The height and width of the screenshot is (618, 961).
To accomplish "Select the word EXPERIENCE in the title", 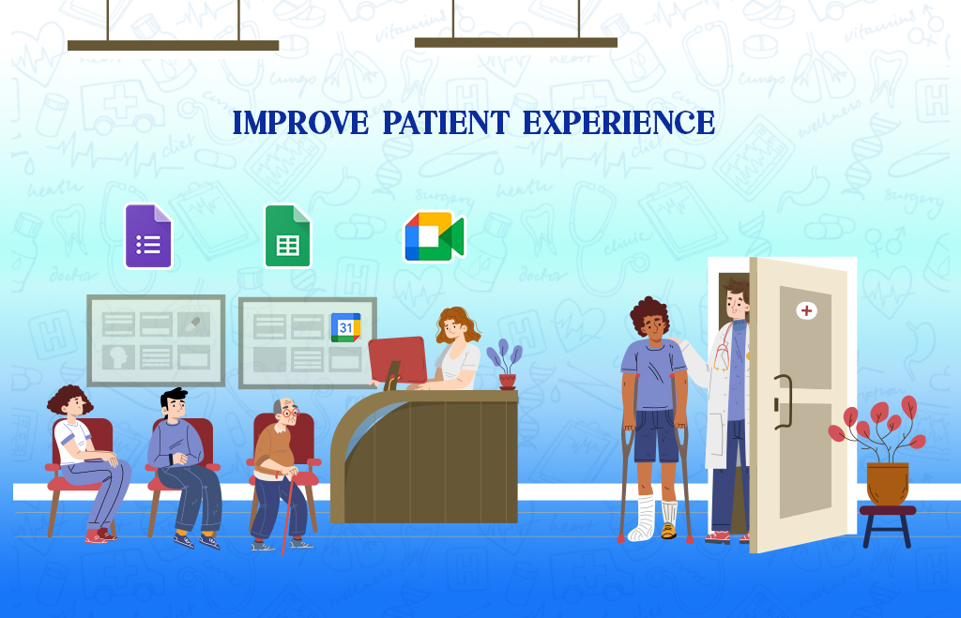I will pos(618,123).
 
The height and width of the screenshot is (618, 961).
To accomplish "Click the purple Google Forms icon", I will pos(148,236).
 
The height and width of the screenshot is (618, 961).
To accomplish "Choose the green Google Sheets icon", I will pos(287,236).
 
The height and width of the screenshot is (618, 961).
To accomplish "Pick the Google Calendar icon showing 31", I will pos(345,327).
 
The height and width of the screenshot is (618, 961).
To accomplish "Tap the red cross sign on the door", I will pos(805,310).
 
